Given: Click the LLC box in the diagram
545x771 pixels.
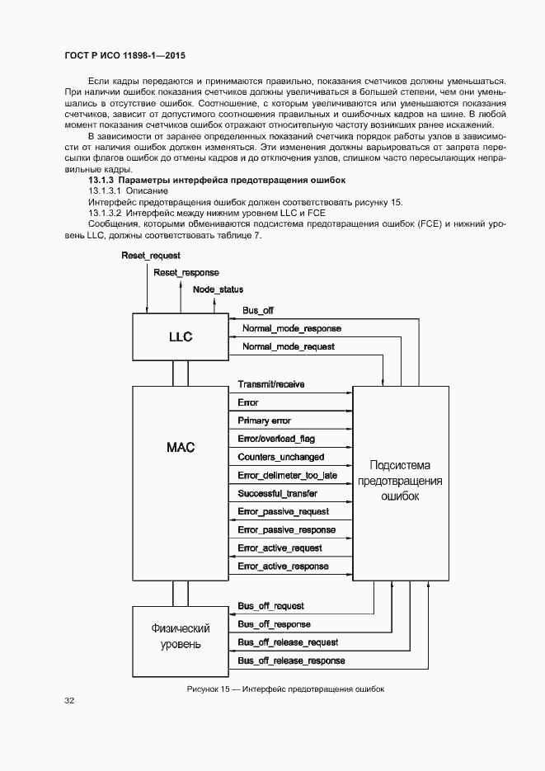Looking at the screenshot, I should [x=180, y=336].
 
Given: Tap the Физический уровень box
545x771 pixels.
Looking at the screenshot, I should [x=180, y=637].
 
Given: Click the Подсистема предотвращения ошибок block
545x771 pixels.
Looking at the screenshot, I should [x=401, y=481].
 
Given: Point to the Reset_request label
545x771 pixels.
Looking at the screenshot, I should [x=151, y=256].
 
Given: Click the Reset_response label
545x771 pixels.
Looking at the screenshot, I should [x=186, y=272].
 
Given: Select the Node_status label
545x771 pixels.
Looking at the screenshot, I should [x=218, y=289].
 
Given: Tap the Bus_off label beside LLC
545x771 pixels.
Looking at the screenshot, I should [x=258, y=310].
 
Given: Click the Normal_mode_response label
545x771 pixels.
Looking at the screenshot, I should [x=291, y=328].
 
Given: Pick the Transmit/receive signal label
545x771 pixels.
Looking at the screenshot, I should [x=270, y=384].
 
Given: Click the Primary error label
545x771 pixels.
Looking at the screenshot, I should [x=264, y=421].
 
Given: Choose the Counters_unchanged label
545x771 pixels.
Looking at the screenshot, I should [x=280, y=457].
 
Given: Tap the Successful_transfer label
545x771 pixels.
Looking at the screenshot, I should [x=277, y=493].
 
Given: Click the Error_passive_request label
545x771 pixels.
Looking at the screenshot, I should [x=283, y=511].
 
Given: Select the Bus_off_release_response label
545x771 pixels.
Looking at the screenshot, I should [x=291, y=661].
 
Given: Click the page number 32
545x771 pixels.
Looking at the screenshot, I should [x=69, y=701].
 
